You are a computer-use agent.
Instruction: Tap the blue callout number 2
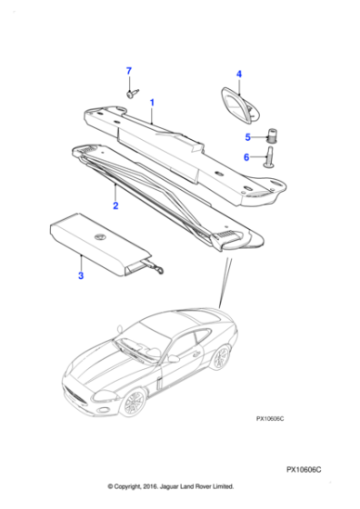(x=115, y=206)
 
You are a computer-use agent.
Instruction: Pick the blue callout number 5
(x=245, y=137)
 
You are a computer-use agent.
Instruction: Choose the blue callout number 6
(x=245, y=157)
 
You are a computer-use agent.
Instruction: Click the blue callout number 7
(x=129, y=71)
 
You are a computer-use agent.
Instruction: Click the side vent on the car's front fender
(x=157, y=383)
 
